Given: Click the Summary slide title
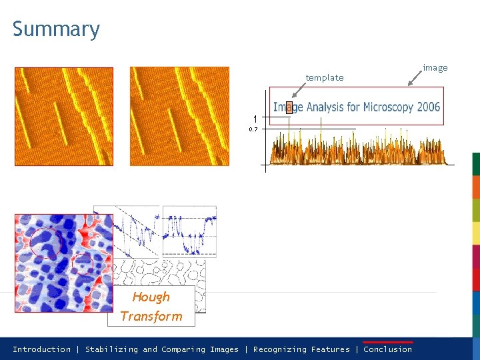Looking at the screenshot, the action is click(x=56, y=30).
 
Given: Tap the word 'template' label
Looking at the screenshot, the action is click(x=325, y=78).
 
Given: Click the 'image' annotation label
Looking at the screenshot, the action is click(x=435, y=67).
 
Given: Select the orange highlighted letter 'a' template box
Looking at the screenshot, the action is click(x=289, y=107).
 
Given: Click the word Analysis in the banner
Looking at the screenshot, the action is click(x=325, y=107).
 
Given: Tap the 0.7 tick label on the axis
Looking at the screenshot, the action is click(x=253, y=129).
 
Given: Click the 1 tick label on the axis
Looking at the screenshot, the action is click(x=255, y=119).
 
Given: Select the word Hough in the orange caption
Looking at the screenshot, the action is click(x=151, y=297).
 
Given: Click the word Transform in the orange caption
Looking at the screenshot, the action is click(x=151, y=316).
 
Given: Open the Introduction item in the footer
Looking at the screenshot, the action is click(x=41, y=349).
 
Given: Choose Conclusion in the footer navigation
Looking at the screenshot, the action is click(x=387, y=349).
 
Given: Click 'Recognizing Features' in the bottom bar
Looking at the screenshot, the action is click(x=301, y=349).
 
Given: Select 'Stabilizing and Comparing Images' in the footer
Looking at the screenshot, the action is click(x=161, y=349).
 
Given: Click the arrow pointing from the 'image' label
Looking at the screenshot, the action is click(x=415, y=79).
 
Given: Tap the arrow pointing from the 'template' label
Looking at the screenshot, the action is click(x=299, y=90).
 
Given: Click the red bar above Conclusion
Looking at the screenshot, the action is click(x=388, y=343).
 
